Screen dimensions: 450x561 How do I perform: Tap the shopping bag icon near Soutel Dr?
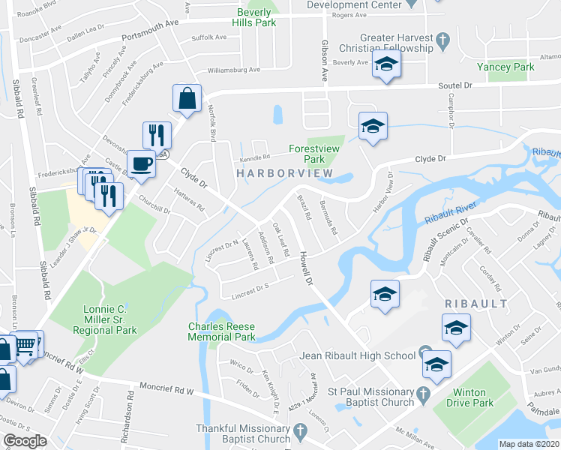click(186, 98)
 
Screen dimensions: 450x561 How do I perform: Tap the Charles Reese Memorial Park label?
click(222, 331)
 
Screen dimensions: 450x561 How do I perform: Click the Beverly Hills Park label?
click(246, 17)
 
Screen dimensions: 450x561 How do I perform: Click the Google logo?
click(25, 440)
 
